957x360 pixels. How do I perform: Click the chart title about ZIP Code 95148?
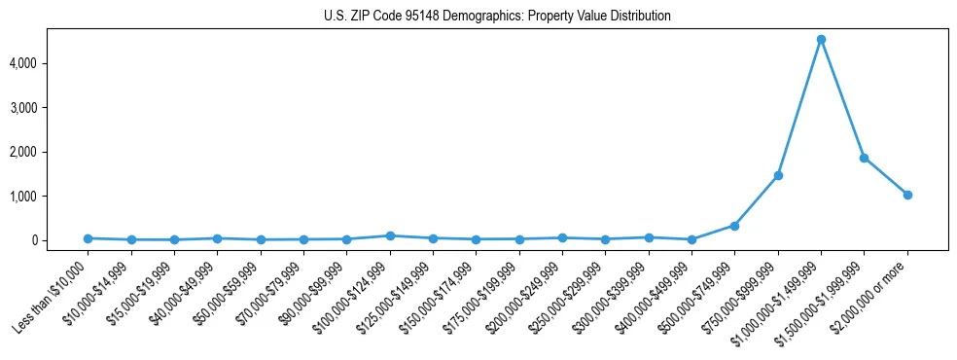pyautogui.click(x=497, y=17)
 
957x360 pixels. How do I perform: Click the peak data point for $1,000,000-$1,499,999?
pyautogui.click(x=821, y=40)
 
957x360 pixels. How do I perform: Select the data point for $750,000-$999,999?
pyautogui.click(x=778, y=175)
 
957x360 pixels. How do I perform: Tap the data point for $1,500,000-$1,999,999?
pyautogui.click(x=864, y=158)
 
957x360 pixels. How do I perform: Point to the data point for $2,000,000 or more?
pyautogui.click(x=907, y=195)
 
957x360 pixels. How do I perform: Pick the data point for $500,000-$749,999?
pyautogui.click(x=734, y=226)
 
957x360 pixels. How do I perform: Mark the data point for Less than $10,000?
pyautogui.click(x=88, y=238)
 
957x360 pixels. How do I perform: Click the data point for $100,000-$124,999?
pyautogui.click(x=390, y=235)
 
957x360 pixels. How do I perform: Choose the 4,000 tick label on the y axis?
pyautogui.click(x=52, y=63)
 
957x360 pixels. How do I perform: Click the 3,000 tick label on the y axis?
pyautogui.click(x=52, y=108)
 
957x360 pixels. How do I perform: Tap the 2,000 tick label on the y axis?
pyautogui.click(x=52, y=152)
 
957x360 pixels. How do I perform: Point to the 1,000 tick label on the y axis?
pyautogui.click(x=52, y=197)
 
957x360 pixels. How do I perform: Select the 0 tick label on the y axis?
pyautogui.click(x=61, y=240)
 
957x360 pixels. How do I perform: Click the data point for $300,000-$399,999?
pyautogui.click(x=649, y=237)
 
